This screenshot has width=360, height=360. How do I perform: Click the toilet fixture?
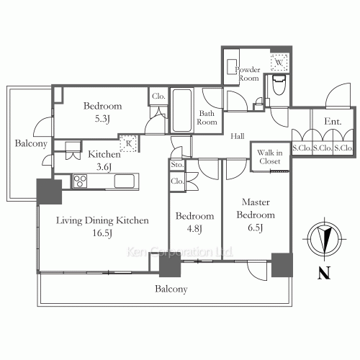(279, 84)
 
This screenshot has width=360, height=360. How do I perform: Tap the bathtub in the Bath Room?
(182, 110)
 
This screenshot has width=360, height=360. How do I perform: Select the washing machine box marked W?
(279, 63)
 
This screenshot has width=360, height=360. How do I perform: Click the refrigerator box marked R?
(129, 143)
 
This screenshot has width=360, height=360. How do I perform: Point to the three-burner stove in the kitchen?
(80, 181)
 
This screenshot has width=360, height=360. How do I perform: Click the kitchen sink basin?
(125, 181)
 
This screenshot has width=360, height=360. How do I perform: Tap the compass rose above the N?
(325, 239)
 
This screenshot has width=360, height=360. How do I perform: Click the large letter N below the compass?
(324, 273)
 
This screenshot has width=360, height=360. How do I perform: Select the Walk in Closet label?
(270, 157)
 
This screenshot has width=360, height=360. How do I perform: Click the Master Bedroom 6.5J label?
(256, 215)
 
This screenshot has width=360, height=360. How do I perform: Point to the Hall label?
(238, 136)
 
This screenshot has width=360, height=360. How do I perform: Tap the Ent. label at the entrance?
(333, 122)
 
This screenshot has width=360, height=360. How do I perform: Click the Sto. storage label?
(177, 165)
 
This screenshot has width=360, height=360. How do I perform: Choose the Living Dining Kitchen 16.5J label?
(102, 227)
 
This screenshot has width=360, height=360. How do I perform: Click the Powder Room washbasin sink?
(232, 67)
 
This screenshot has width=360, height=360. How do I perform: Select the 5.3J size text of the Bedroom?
(102, 119)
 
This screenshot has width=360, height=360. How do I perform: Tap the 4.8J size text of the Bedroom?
(194, 229)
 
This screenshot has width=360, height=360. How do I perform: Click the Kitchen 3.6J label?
(104, 161)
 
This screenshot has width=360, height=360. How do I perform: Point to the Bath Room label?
(207, 117)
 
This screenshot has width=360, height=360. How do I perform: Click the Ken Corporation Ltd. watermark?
(179, 252)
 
